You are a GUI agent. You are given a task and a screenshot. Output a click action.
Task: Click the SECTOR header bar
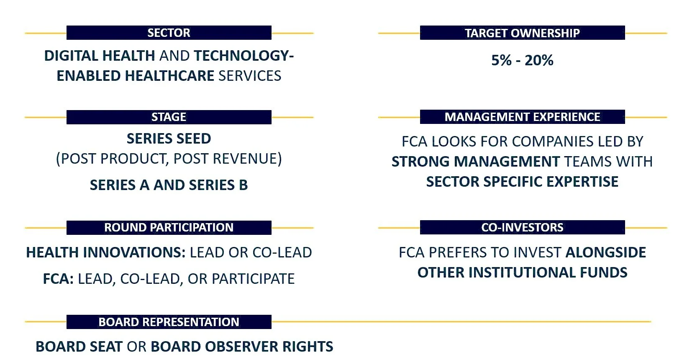(169, 33)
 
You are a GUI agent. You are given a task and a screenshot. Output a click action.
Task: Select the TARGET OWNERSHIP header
(522, 33)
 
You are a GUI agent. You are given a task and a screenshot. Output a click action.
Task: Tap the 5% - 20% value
(522, 60)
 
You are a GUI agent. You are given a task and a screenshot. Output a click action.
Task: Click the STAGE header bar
(169, 117)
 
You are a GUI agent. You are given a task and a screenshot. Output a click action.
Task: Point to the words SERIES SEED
(169, 139)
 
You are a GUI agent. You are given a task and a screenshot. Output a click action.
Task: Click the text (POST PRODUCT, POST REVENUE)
(169, 159)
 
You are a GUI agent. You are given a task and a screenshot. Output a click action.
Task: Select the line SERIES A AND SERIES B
(169, 185)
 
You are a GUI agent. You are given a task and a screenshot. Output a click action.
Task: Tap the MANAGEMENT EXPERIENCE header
(522, 117)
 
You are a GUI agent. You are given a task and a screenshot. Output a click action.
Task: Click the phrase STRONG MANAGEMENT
(475, 162)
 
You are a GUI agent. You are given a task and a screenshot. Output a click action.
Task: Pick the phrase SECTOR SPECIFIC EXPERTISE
(522, 182)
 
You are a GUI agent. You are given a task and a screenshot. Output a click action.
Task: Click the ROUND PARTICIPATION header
(169, 227)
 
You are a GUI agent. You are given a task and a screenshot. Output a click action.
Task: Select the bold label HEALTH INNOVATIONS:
(105, 252)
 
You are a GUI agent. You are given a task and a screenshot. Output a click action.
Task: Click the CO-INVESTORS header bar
(522, 227)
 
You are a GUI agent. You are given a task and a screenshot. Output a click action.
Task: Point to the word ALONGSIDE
(605, 252)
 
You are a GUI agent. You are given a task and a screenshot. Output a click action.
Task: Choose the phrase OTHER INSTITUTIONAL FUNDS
(522, 273)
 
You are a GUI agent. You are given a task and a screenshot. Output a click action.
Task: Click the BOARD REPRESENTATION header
(169, 322)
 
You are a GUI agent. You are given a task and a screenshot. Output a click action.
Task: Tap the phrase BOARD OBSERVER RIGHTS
(242, 347)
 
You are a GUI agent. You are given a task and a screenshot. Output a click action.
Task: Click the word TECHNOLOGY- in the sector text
(244, 56)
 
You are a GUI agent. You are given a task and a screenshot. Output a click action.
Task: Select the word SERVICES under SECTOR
(250, 76)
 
